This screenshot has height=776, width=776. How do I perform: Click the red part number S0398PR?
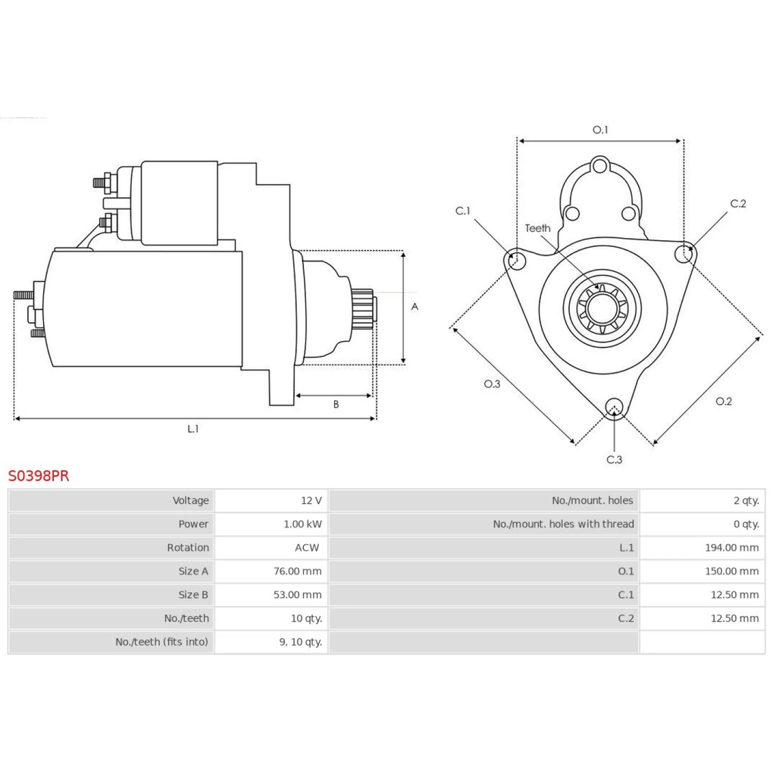pyautogui.click(x=38, y=476)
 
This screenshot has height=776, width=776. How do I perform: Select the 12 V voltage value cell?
pyautogui.click(x=311, y=500)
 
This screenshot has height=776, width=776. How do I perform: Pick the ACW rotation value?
pyautogui.click(x=307, y=547)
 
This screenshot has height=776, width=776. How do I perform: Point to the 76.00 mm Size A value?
pyautogui.click(x=297, y=571)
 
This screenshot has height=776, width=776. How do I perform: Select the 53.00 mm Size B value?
pyautogui.click(x=297, y=595)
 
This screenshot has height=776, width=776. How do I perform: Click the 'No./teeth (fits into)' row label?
pyautogui.click(x=161, y=642)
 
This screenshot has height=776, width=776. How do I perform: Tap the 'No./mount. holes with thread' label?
pyautogui.click(x=563, y=524)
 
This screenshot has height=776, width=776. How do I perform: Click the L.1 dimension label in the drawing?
pyautogui.click(x=193, y=429)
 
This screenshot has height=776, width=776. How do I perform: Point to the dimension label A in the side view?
pyautogui.click(x=415, y=307)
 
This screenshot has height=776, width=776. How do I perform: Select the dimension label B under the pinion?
pyautogui.click(x=336, y=405)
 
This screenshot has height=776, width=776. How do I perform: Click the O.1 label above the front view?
pyautogui.click(x=600, y=130)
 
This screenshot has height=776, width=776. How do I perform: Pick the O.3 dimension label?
pyautogui.click(x=493, y=383)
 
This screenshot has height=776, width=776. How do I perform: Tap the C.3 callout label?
pyautogui.click(x=614, y=459)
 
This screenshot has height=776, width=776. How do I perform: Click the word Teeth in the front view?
pyautogui.click(x=538, y=228)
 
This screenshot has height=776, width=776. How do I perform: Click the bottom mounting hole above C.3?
pyautogui.click(x=615, y=408)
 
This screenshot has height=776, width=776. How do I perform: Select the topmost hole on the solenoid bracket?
pyautogui.click(x=600, y=166)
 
